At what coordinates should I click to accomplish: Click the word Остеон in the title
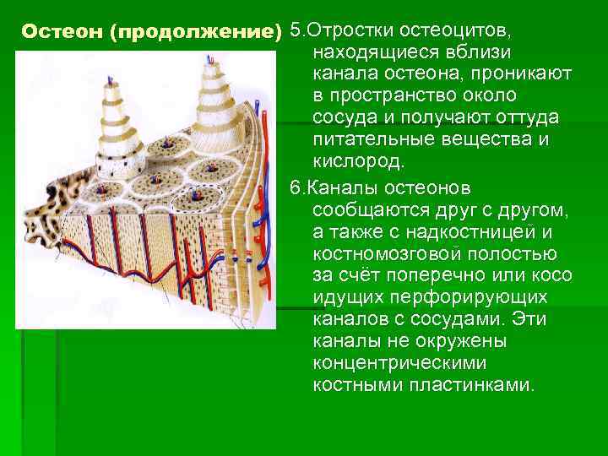(x=56, y=32)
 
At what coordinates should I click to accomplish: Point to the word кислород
(x=359, y=160)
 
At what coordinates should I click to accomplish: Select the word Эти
(x=554, y=319)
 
